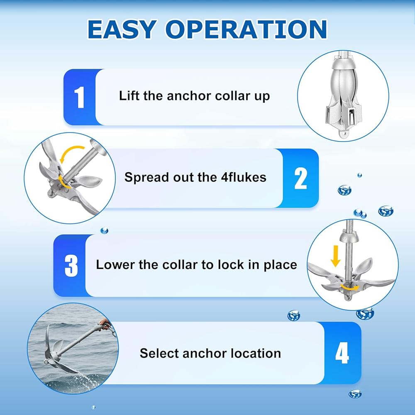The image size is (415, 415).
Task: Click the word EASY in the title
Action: click(x=122, y=29)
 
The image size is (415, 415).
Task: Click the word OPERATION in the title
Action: click(x=247, y=29)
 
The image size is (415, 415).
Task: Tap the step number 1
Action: click(x=79, y=98)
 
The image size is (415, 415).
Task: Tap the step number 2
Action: click(x=300, y=178)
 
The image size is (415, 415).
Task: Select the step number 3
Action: click(x=71, y=266)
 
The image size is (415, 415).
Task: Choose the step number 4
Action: click(x=342, y=352)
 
